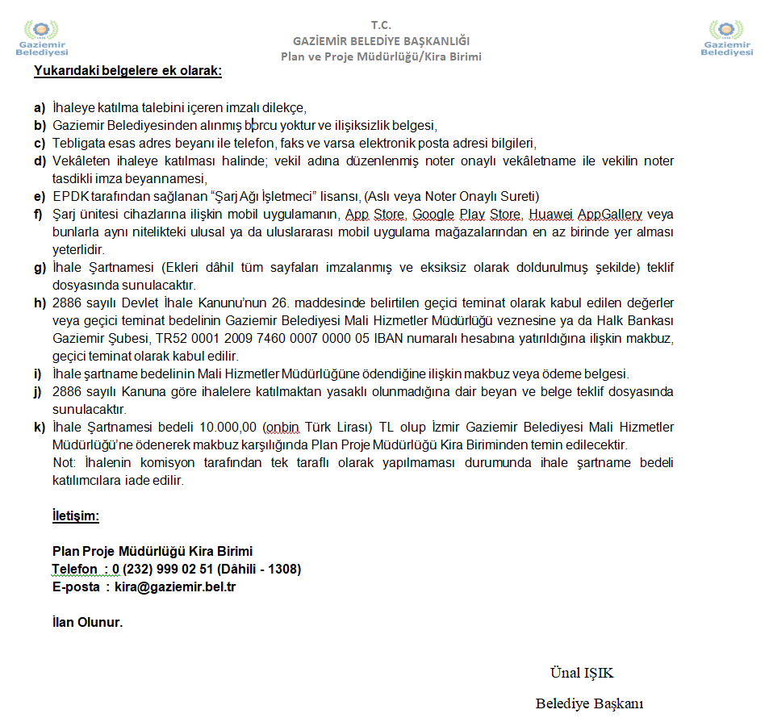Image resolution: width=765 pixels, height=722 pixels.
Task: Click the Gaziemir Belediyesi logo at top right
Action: (x=726, y=37)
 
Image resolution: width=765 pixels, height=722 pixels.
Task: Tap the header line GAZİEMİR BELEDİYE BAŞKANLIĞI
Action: (x=381, y=40)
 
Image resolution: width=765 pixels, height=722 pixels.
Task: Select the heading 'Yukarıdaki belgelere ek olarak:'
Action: (x=127, y=71)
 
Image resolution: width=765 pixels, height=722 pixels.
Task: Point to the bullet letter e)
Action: (x=39, y=197)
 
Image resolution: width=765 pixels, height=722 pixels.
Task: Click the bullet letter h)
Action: (x=39, y=303)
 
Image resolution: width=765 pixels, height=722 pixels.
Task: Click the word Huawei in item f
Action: (x=550, y=215)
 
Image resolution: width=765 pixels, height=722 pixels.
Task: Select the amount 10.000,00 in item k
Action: (x=237, y=428)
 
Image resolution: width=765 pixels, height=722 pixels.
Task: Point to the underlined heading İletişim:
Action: (x=75, y=515)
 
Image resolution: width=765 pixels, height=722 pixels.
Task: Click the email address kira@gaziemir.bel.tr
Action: (x=175, y=587)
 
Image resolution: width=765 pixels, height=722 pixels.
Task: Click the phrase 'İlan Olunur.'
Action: (x=87, y=623)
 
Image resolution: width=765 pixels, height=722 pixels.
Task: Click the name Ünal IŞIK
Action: (x=582, y=674)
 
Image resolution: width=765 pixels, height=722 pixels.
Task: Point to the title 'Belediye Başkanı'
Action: (x=589, y=703)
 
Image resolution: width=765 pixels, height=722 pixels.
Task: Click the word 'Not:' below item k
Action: (x=65, y=463)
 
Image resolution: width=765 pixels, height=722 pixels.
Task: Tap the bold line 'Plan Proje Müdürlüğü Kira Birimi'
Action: (x=153, y=552)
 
